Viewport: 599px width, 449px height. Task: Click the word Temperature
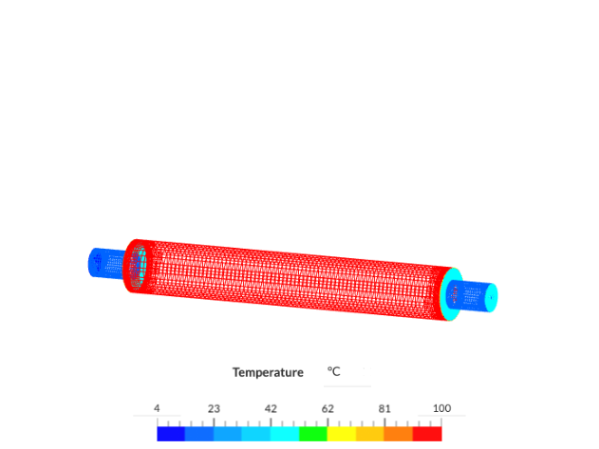[x=268, y=372]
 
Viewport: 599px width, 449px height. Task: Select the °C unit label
[x=334, y=372]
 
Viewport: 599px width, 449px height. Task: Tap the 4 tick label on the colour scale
[x=158, y=408]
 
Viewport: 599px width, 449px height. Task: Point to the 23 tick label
[x=214, y=408]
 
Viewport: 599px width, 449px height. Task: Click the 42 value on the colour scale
[x=271, y=408]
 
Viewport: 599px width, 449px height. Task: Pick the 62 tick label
[x=328, y=408]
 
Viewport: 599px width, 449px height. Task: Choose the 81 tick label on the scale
[x=384, y=408]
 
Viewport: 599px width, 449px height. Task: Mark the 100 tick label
[x=440, y=408]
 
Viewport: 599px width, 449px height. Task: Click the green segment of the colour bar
[x=313, y=433]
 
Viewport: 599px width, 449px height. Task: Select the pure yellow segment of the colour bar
[x=342, y=433]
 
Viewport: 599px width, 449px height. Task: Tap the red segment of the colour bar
[x=427, y=433]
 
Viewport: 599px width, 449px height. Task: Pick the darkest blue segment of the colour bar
[x=171, y=433]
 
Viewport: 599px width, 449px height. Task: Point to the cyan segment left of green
[x=285, y=433]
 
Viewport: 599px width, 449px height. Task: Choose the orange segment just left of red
[x=399, y=433]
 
